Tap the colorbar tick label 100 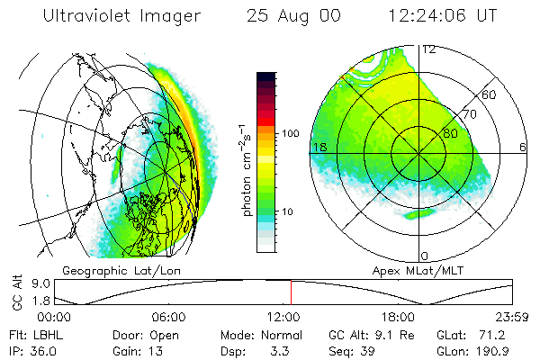[289, 133]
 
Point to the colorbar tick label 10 [290, 211]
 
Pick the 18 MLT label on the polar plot [317, 147]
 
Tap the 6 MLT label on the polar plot [523, 147]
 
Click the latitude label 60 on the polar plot [490, 94]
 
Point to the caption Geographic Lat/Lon [114, 270]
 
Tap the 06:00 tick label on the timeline [168, 318]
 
